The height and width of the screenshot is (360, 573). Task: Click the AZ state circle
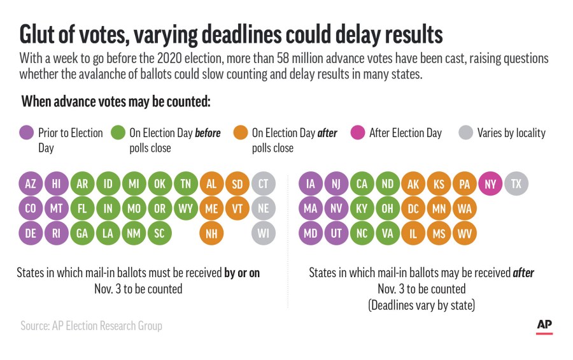pos(31,184)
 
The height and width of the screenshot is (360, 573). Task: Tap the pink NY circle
pos(490,184)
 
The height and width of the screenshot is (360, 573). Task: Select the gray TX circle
pos(516,184)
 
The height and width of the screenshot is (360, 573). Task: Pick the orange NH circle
pos(211,233)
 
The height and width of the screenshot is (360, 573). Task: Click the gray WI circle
pos(263,233)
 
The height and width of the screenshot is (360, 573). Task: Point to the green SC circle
pos(160,233)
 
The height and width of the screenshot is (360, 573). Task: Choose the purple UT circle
pos(336,233)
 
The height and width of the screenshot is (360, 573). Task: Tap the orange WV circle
pos(465,233)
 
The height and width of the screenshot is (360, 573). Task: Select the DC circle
pos(413,208)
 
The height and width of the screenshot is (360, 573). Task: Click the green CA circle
pos(362,184)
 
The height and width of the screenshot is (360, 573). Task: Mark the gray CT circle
pos(263,184)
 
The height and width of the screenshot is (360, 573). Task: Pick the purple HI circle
pos(57,184)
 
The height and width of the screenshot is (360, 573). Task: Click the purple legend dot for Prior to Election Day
pos(26,133)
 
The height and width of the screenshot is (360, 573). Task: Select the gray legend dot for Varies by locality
pos(465,133)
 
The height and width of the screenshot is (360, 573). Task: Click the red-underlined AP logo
pos(544,325)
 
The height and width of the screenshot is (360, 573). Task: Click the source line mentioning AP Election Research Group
pos(91,326)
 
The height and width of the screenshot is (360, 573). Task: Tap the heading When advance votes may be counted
pos(116,102)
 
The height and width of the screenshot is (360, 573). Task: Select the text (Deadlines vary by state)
pos(421,305)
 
